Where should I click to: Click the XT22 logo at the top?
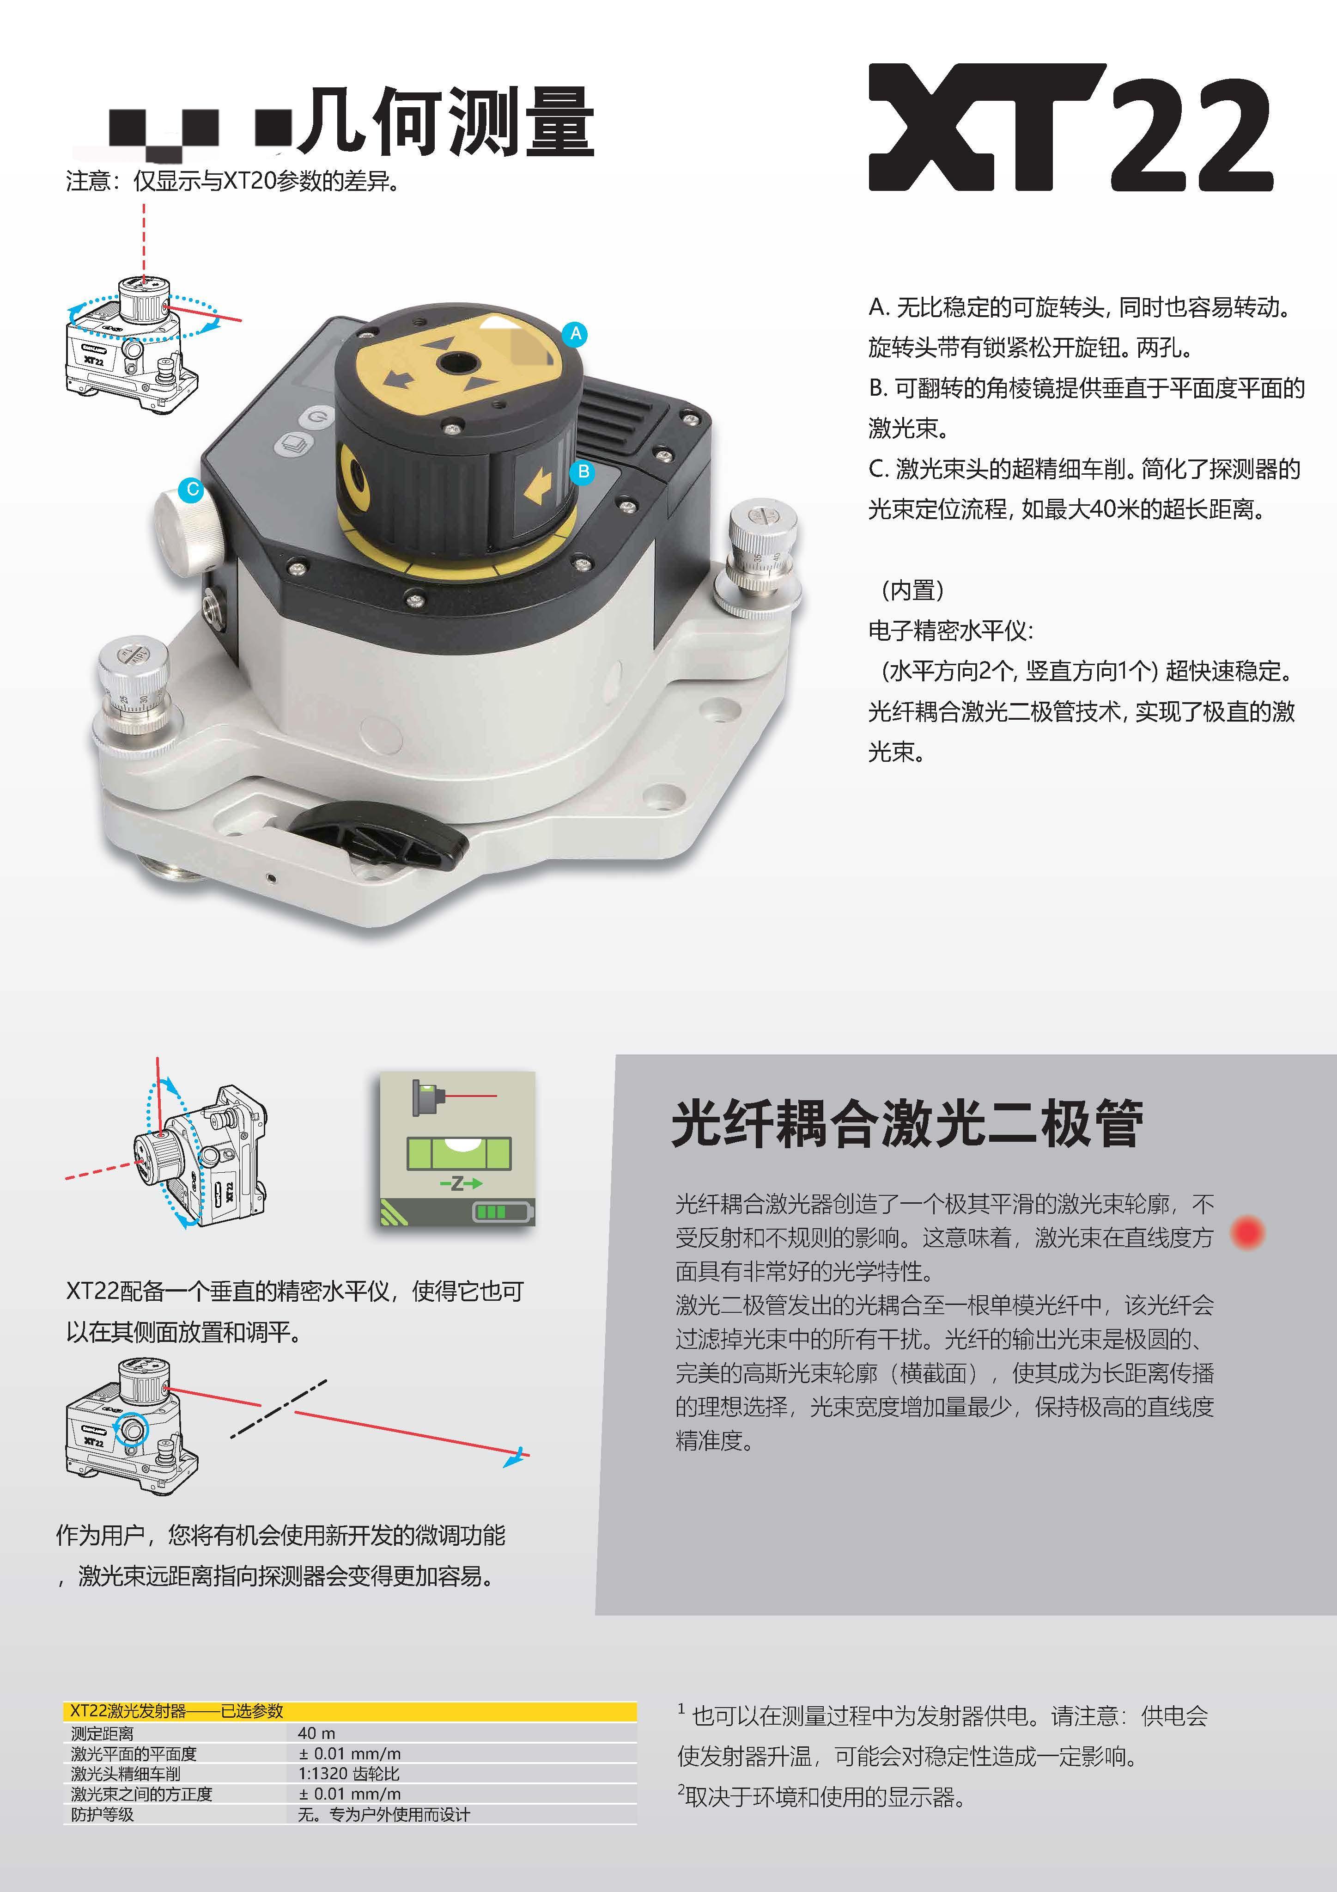(1071, 128)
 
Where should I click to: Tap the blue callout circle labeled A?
(576, 334)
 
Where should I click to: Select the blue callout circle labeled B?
(583, 472)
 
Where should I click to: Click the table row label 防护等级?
(102, 1814)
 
